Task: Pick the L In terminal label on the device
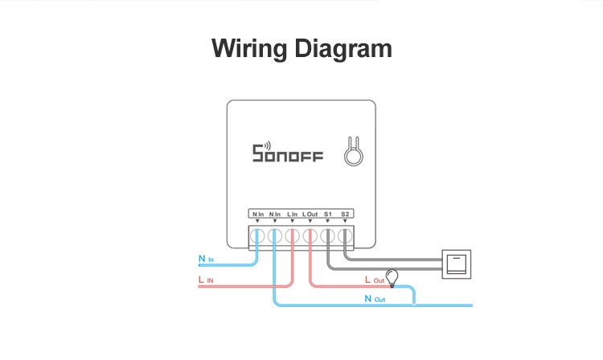pos(292,215)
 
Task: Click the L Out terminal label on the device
pos(310,215)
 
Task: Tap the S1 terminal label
pos(328,215)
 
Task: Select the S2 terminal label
pos(346,215)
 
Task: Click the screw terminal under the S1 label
pos(328,235)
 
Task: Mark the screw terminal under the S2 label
pos(346,235)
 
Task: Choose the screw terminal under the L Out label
pos(310,235)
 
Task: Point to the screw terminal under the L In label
pos(292,235)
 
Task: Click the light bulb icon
pos(393,278)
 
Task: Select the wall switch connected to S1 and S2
pos(457,264)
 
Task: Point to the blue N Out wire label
pos(375,299)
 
